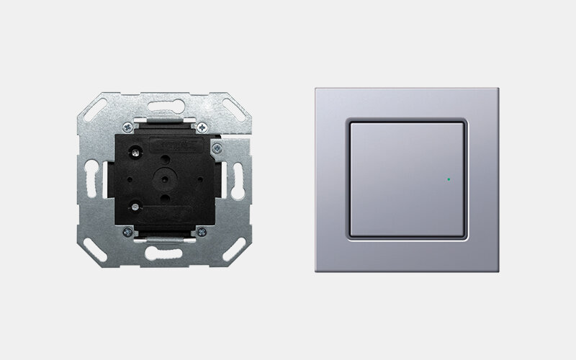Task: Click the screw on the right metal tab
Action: coord(215,149)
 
